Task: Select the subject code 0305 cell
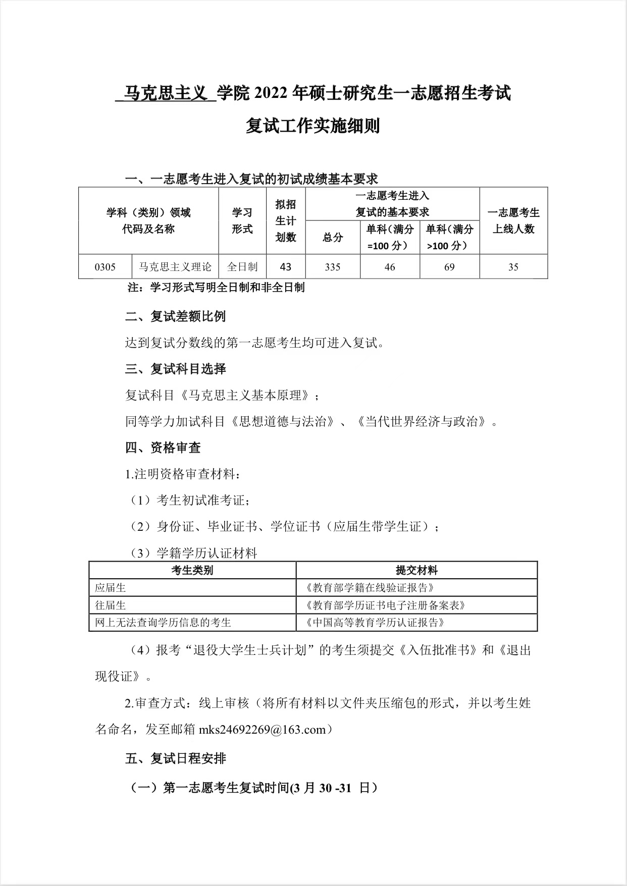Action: tap(105, 267)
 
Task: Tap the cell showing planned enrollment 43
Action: tap(285, 267)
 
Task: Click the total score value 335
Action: tap(332, 267)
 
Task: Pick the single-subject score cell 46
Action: tap(389, 267)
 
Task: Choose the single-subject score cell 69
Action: tap(449, 267)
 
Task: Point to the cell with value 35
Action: tap(513, 267)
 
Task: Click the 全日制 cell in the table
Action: tap(242, 267)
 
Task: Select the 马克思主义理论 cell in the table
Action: tap(175, 267)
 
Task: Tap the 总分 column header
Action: tap(332, 237)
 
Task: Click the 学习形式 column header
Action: tap(242, 220)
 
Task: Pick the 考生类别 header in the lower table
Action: tap(192, 570)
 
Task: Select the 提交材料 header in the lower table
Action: tap(416, 570)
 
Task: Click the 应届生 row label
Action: tap(111, 587)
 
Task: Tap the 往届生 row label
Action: tap(111, 605)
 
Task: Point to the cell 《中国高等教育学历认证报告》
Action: tap(376, 622)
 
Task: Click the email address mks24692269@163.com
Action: tap(263, 730)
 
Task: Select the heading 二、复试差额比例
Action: tap(175, 316)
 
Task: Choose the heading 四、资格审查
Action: tap(163, 448)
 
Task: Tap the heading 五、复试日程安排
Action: tap(175, 758)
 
